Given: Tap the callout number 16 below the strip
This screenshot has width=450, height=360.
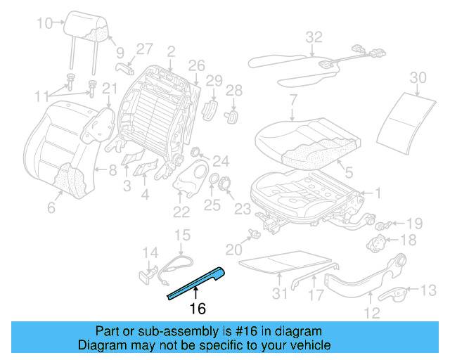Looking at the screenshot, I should (198, 307).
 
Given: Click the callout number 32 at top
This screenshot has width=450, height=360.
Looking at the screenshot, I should (314, 37).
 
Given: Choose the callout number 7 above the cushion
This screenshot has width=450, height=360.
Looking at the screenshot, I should (292, 99).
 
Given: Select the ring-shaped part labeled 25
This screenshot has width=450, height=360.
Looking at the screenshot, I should (211, 183).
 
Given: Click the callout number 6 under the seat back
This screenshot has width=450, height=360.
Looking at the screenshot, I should (51, 207).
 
